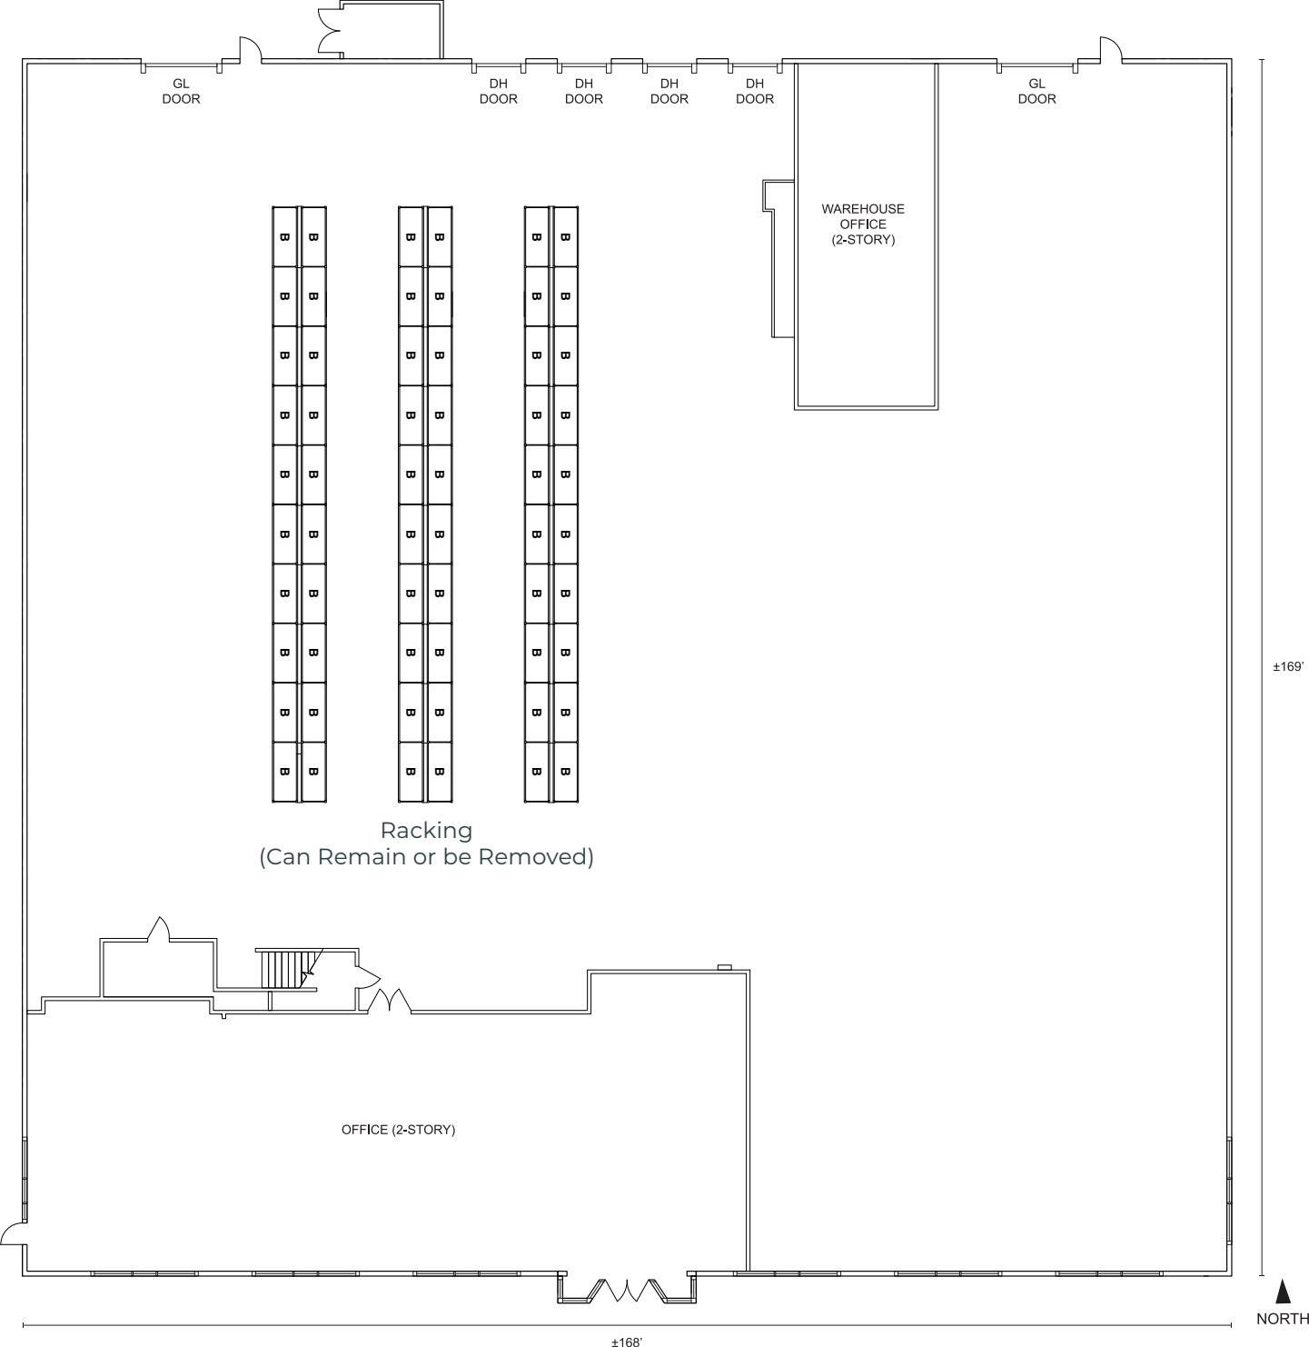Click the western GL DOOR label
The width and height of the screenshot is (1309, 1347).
click(181, 91)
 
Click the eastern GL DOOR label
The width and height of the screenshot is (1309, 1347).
click(1036, 91)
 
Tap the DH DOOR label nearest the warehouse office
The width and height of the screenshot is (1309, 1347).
click(754, 91)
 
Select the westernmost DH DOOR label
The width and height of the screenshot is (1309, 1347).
click(498, 91)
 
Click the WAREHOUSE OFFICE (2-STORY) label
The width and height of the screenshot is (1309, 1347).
click(863, 224)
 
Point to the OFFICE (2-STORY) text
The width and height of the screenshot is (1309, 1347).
click(398, 1130)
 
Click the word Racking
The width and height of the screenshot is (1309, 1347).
click(426, 830)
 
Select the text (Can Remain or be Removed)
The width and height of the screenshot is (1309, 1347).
click(426, 856)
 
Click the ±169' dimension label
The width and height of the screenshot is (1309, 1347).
click(1288, 666)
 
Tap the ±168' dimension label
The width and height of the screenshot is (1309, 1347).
click(627, 1341)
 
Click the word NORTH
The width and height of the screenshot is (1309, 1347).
click(1283, 1319)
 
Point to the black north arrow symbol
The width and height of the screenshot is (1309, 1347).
click(1283, 1292)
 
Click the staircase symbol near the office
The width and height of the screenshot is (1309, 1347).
click(287, 969)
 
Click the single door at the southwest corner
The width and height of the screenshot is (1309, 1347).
click(14, 1233)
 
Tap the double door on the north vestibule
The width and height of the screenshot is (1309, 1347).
click(329, 31)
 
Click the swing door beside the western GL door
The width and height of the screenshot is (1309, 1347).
click(249, 51)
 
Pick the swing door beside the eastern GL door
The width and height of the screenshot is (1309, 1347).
click(1110, 51)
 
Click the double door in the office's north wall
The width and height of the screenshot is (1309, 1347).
click(390, 1001)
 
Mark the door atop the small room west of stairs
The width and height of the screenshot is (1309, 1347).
click(159, 929)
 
